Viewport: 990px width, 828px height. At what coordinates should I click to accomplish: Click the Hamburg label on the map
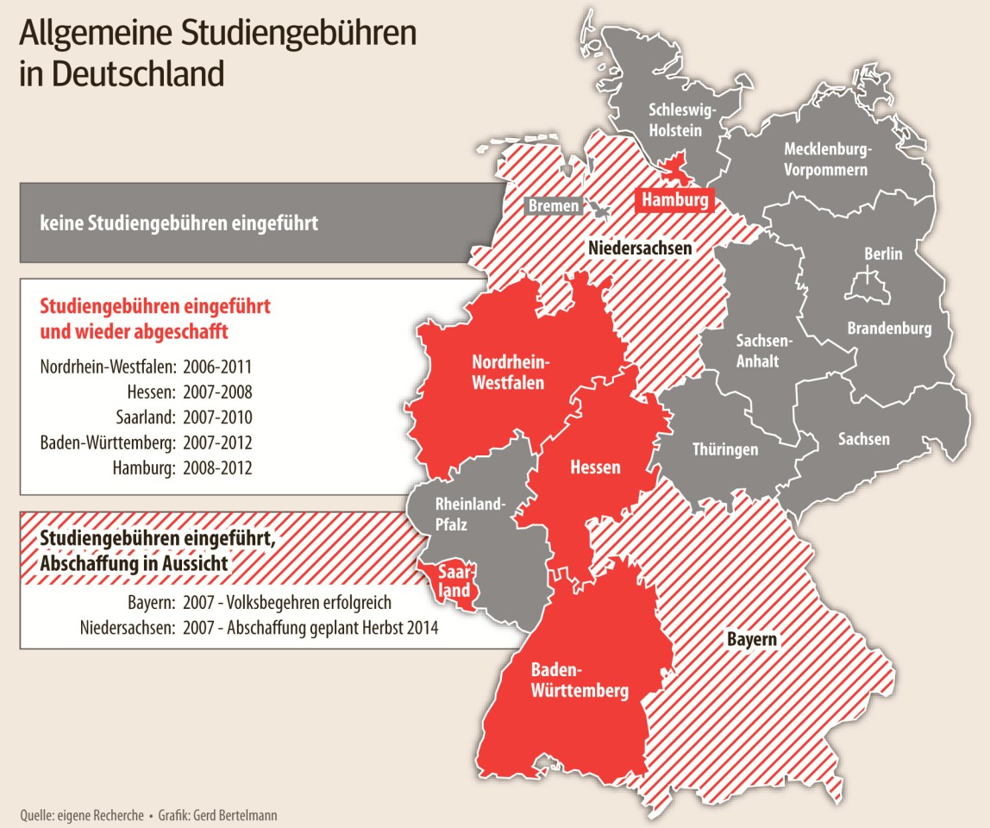(674, 201)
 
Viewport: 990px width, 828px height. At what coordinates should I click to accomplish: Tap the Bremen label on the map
(553, 206)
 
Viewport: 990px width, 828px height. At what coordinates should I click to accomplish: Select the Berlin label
(883, 254)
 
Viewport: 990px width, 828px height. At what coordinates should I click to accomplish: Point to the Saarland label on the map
(453, 581)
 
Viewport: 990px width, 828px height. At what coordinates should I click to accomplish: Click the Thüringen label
(725, 449)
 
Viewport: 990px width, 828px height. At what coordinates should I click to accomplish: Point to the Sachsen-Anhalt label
(757, 350)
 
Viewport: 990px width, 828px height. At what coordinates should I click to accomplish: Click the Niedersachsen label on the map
(640, 248)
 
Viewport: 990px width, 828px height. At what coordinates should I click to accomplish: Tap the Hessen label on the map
(595, 467)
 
